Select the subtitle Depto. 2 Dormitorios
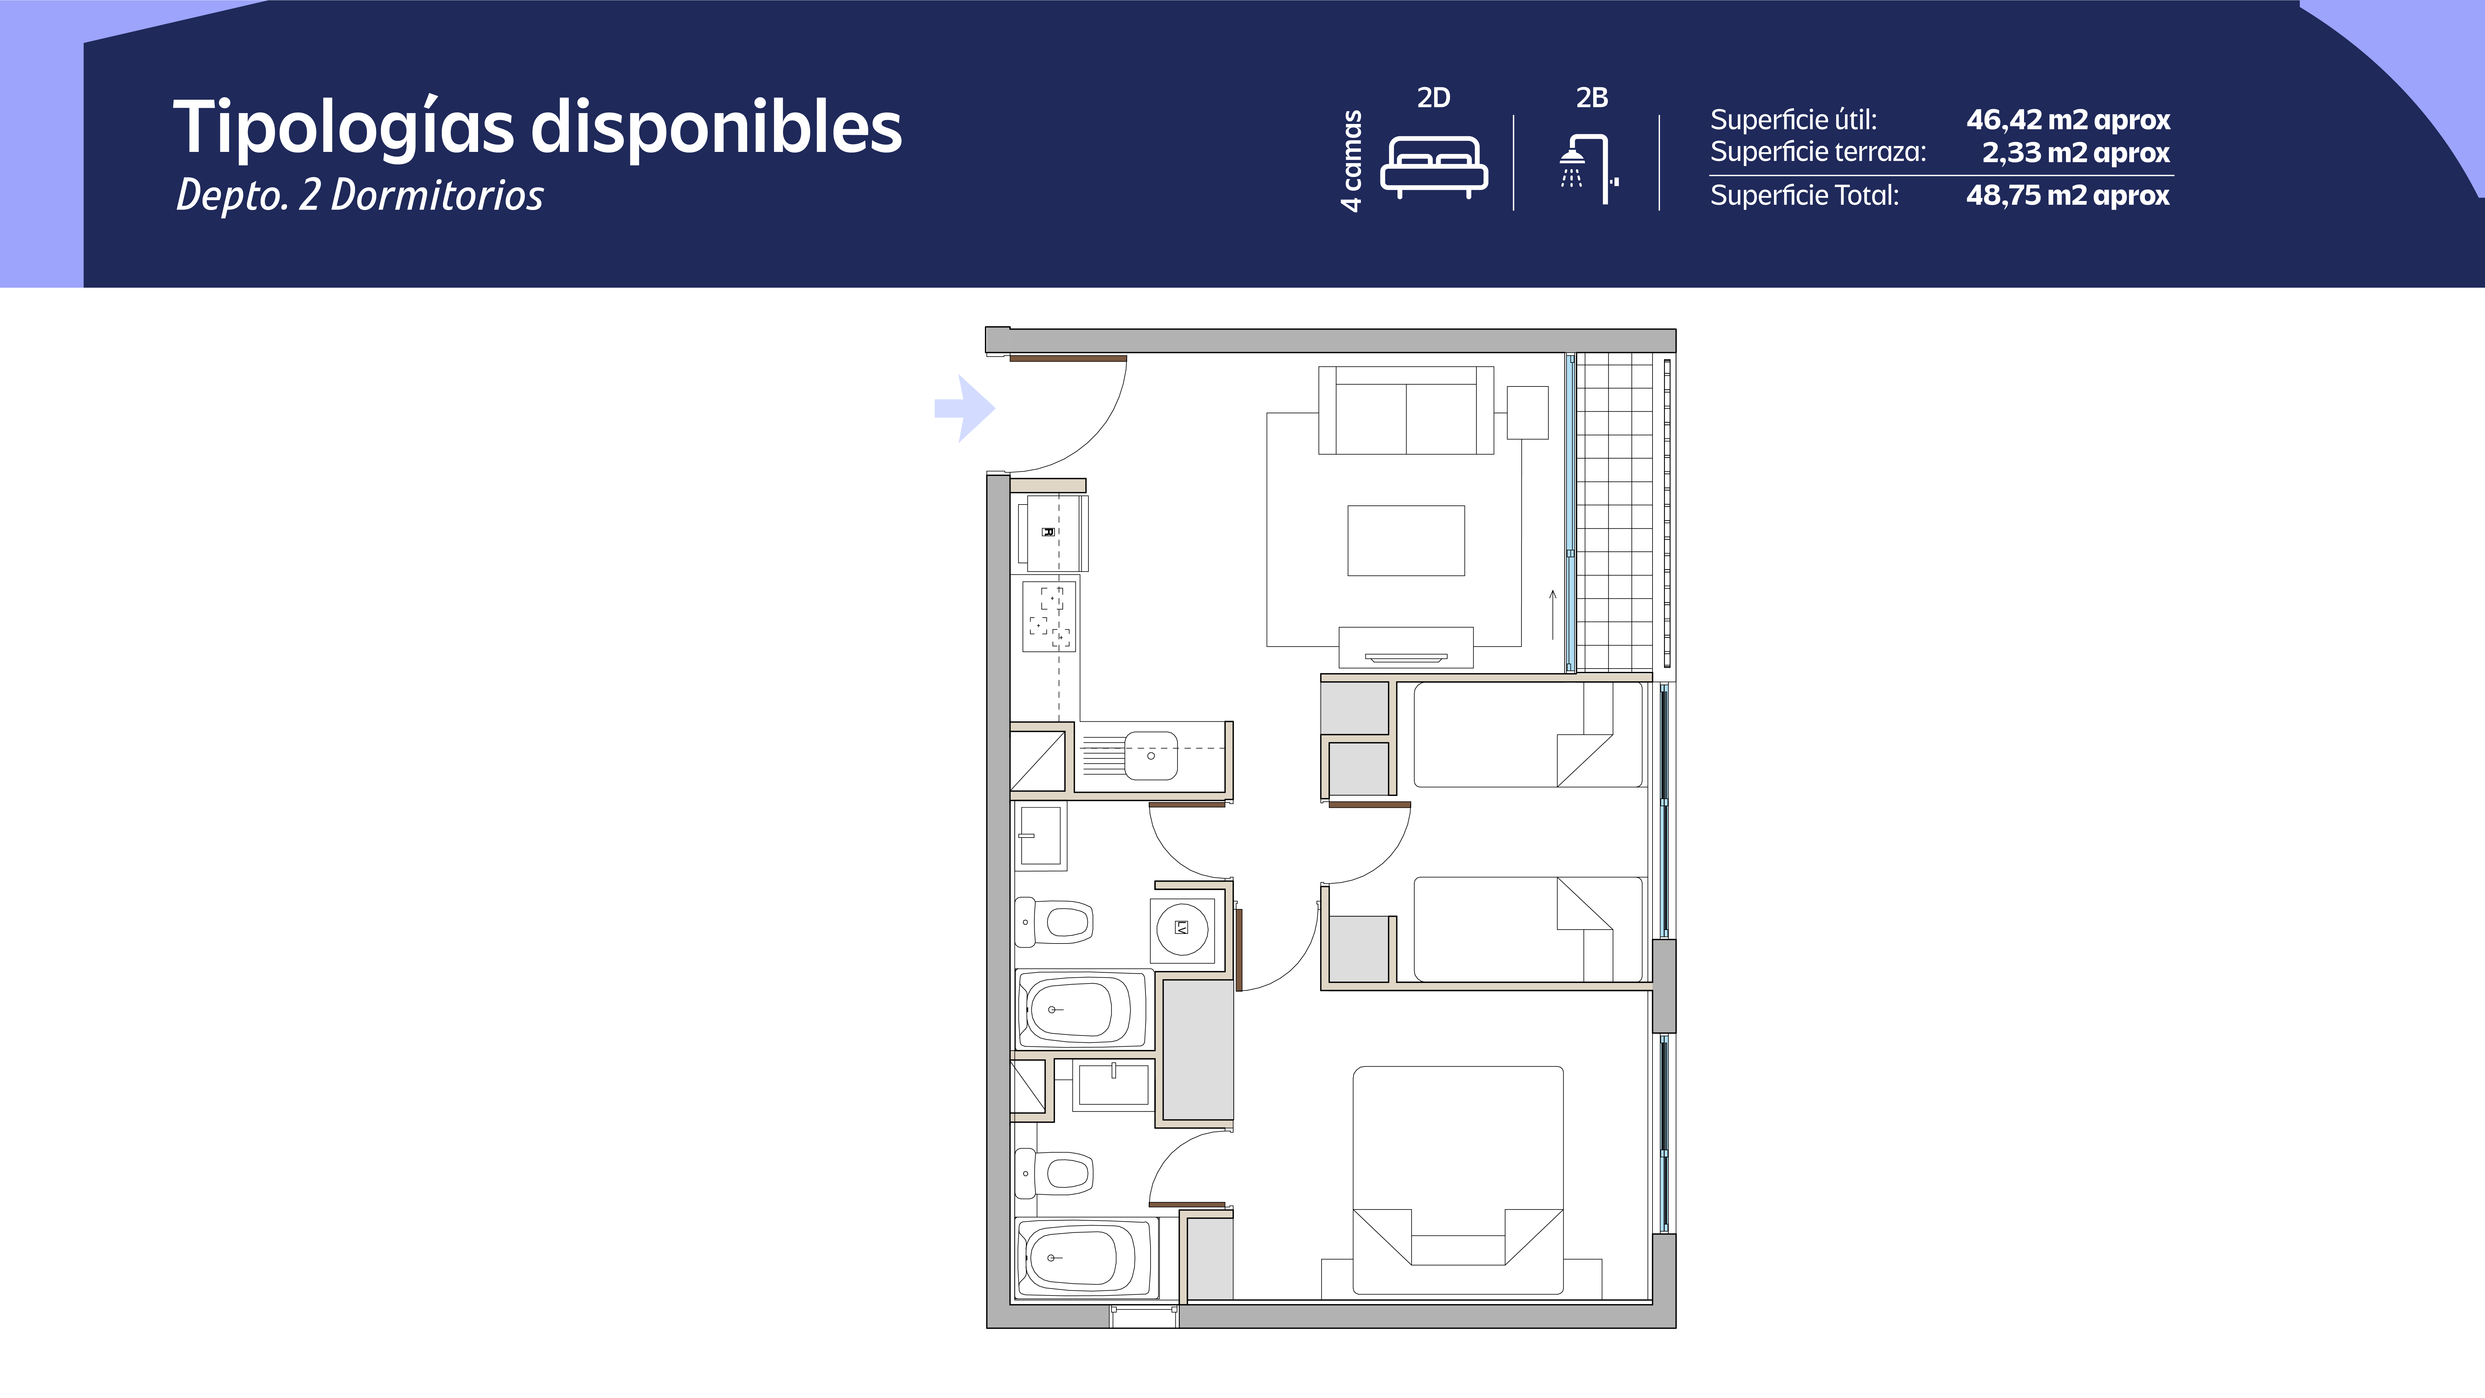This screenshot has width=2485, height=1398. pos(360,195)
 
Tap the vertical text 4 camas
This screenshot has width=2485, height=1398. pos(1352,160)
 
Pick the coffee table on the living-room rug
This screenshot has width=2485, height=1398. pos(1406,540)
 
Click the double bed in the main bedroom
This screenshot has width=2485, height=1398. pos(1458,1180)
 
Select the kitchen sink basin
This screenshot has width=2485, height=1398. pos(1151,756)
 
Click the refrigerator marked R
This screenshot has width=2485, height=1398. pos(1053,532)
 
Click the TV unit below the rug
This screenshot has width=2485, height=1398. pos(1406,647)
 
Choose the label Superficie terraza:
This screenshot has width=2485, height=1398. pos(1817,153)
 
